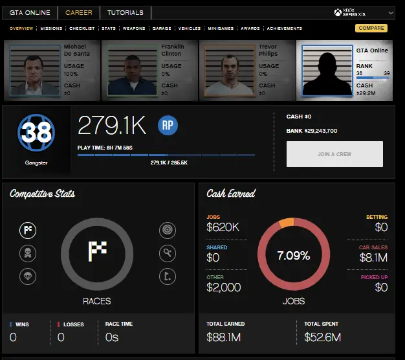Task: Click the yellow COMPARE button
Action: click(371, 28)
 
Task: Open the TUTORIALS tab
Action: click(125, 12)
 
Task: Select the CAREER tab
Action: click(78, 12)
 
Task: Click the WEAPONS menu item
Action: click(134, 28)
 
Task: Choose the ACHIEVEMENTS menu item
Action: click(284, 28)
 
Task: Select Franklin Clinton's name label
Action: click(172, 51)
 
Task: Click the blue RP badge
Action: click(168, 124)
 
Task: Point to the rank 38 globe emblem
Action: click(36, 132)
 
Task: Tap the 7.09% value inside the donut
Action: click(293, 256)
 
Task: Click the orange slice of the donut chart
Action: click(285, 223)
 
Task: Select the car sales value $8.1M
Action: click(373, 258)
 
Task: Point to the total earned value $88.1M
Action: click(223, 337)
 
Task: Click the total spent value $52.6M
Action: click(322, 337)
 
